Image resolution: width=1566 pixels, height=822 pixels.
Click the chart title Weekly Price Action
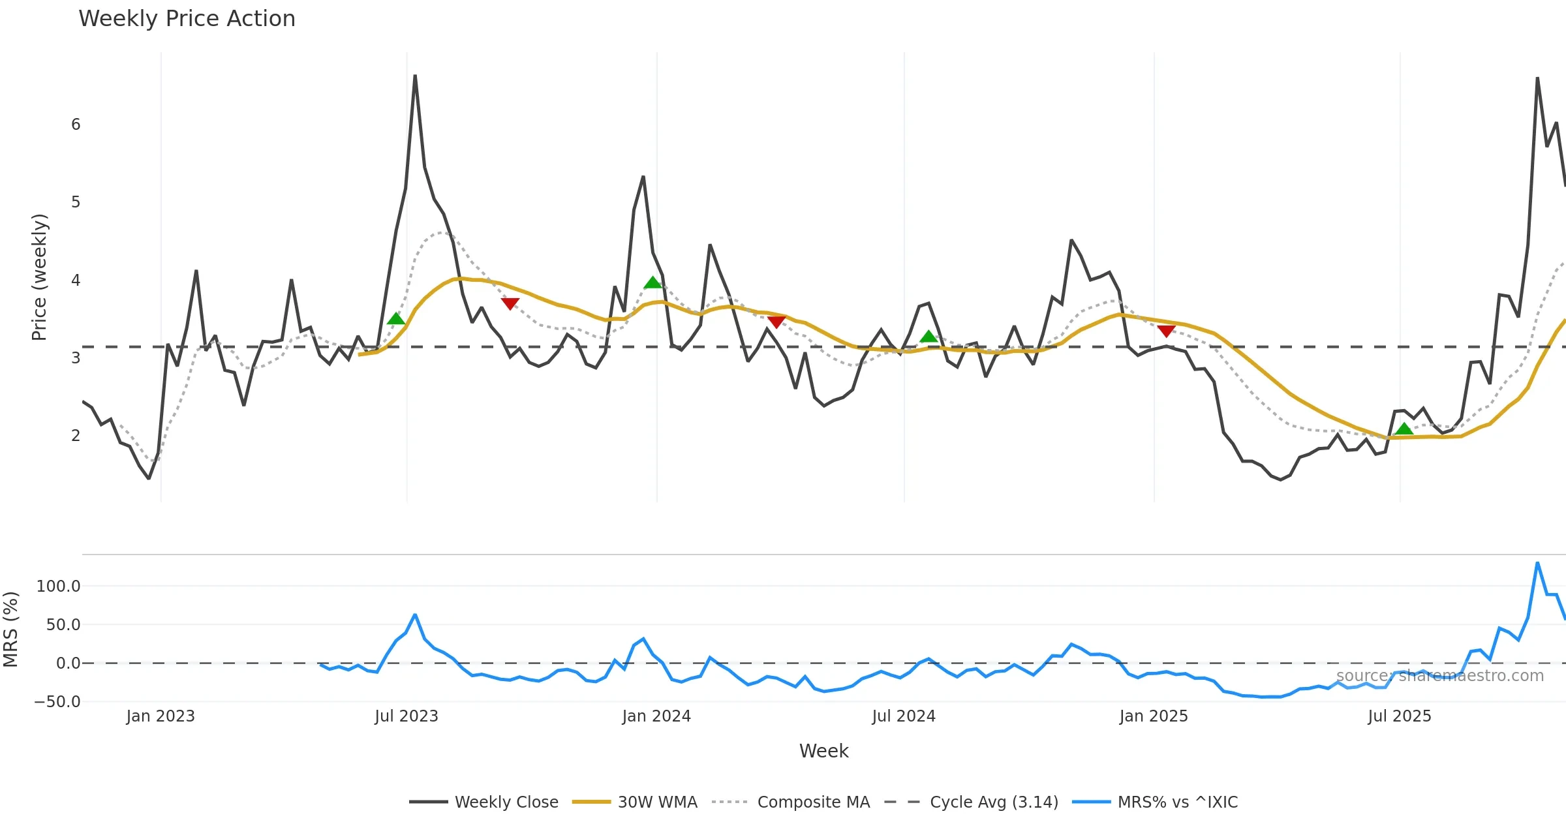point(187,19)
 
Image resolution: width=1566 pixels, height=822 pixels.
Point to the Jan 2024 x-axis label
point(656,716)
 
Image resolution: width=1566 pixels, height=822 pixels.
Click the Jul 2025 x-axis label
point(1400,716)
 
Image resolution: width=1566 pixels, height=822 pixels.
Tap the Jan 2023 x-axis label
point(161,716)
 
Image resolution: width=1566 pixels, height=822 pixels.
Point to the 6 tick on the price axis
point(76,125)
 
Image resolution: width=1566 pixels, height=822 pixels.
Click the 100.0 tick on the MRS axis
point(59,586)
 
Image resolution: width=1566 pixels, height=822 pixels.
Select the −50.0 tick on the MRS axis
point(57,702)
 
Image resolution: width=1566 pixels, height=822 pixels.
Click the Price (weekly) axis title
point(39,277)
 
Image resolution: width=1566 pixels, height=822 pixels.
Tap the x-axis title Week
point(823,752)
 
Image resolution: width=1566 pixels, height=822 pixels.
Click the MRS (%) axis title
point(11,630)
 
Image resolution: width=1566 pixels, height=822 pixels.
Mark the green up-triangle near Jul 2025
point(1404,429)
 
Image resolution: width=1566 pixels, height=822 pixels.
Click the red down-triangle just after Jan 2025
point(1166,331)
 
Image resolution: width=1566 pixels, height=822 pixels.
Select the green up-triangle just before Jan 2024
point(652,282)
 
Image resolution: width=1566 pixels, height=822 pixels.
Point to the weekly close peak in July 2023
point(415,76)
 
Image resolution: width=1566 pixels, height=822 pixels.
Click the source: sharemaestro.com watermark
point(1439,676)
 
